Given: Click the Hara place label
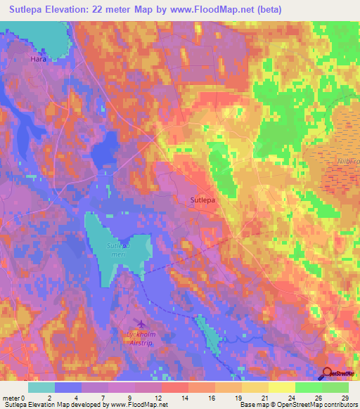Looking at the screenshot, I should pyautogui.click(x=38, y=60).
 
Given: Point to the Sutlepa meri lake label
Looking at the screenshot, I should pyautogui.click(x=118, y=252).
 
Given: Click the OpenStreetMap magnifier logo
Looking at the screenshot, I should pyautogui.click(x=328, y=374).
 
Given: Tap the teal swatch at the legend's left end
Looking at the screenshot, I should pyautogui.click(x=41, y=387).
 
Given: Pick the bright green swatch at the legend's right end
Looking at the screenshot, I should pyautogui.click(x=335, y=387).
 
